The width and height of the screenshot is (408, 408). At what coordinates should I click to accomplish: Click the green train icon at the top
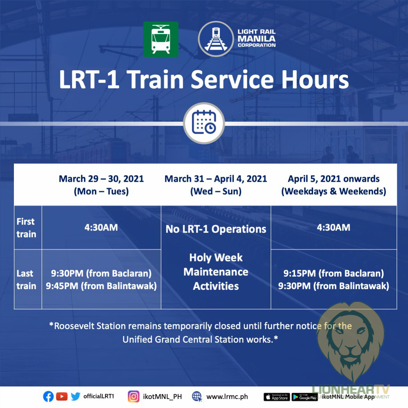(x=161, y=39)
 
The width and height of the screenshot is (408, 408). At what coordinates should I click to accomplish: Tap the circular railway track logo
(x=216, y=39)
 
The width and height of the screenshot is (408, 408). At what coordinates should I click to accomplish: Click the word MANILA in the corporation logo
(x=256, y=39)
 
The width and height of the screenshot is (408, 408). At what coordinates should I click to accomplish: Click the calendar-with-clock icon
(x=204, y=123)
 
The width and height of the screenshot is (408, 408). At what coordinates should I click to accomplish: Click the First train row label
(x=26, y=228)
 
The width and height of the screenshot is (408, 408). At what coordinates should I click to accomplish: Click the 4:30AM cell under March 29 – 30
(x=101, y=227)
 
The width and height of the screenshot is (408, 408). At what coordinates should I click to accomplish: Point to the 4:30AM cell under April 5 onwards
(x=334, y=227)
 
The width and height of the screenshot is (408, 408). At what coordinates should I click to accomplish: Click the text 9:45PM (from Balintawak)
(x=101, y=286)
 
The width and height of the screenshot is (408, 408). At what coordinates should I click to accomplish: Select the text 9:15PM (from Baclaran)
(x=334, y=273)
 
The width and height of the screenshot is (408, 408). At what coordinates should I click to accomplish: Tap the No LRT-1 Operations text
(x=216, y=229)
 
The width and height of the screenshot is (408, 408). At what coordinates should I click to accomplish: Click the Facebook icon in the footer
(x=48, y=397)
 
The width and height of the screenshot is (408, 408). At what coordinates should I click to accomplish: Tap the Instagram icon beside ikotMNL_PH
(x=133, y=397)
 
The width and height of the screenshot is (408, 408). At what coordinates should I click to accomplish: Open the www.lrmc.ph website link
(x=227, y=397)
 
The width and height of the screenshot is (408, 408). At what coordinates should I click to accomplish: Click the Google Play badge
(x=304, y=397)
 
